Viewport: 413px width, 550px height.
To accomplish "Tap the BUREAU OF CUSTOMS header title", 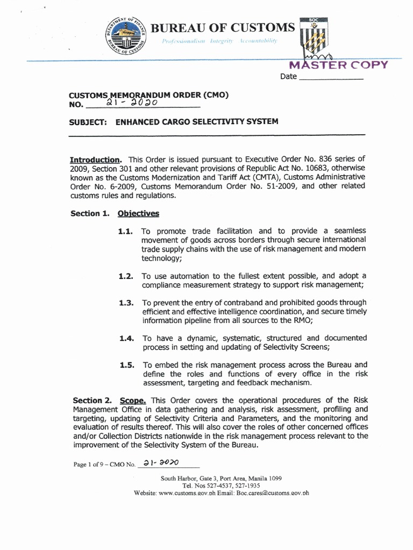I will (x=223, y=27).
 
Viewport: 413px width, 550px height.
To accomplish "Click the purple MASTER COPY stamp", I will (x=338, y=65).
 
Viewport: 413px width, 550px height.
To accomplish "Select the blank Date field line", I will (x=331, y=77).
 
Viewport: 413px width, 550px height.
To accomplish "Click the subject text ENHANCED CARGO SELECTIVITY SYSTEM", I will (x=197, y=122).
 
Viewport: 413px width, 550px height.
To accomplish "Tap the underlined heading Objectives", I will (x=138, y=213).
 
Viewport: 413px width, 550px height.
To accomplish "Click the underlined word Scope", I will (x=133, y=401).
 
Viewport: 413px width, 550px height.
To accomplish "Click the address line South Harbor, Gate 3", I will (x=221, y=478).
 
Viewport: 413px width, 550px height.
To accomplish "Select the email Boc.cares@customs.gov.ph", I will (x=273, y=493).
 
